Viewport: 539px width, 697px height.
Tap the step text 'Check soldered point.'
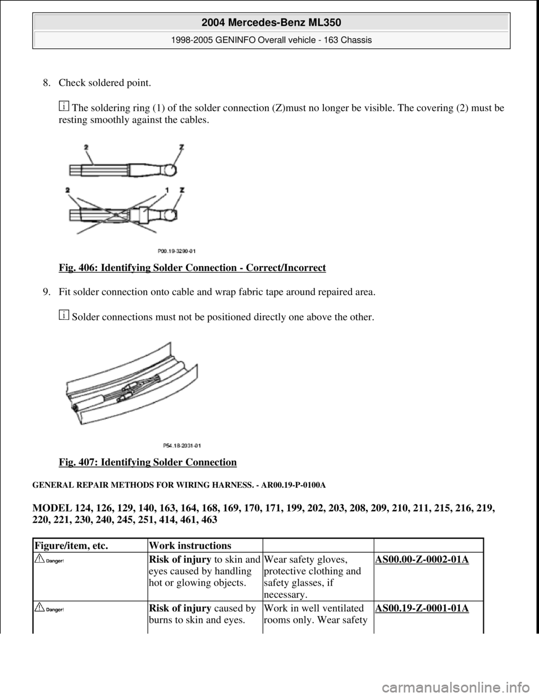(x=104, y=83)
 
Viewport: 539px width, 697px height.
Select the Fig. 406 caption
(x=192, y=268)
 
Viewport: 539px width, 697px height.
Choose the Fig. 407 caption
(x=147, y=462)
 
